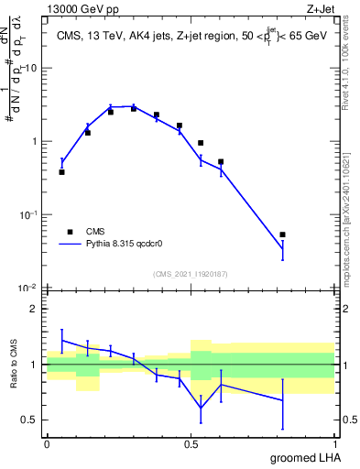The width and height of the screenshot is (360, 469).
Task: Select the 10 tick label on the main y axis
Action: pos(31,69)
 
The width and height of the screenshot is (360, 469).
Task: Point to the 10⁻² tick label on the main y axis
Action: pos(29,288)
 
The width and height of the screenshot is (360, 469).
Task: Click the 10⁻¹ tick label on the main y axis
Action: pos(29,214)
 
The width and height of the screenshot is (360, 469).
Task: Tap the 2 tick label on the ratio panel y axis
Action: pos(34,309)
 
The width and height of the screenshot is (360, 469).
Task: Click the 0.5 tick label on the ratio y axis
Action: pos(30,420)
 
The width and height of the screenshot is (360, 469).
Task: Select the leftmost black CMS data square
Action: pos(61,172)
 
